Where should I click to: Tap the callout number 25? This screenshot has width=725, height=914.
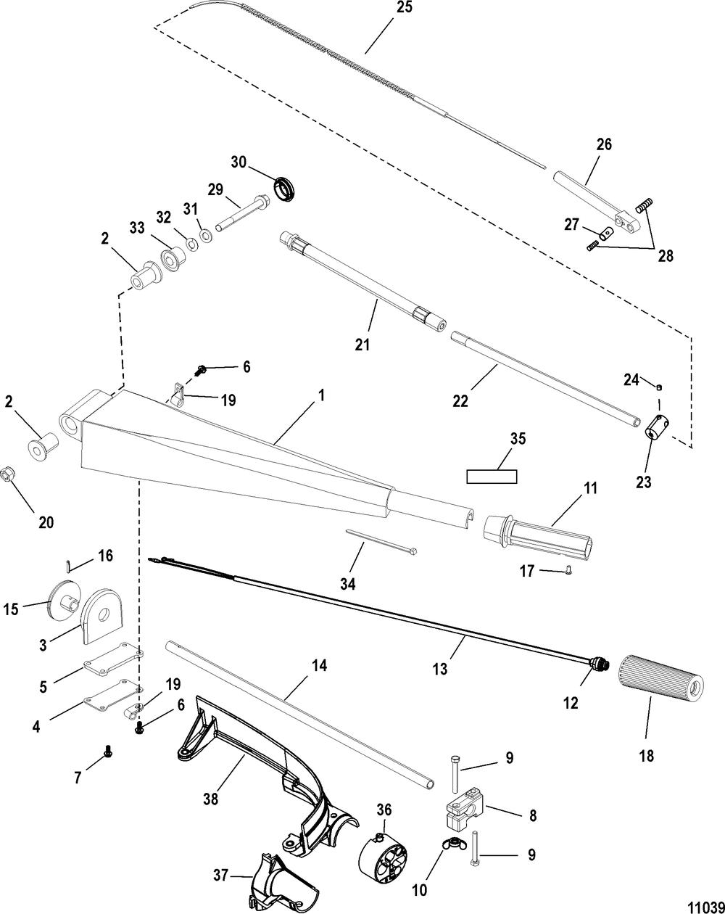pyautogui.click(x=403, y=9)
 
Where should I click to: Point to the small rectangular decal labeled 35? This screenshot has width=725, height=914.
pyautogui.click(x=492, y=477)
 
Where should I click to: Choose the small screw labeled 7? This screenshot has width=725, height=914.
pyautogui.click(x=108, y=752)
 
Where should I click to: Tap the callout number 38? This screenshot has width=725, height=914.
pyautogui.click(x=211, y=799)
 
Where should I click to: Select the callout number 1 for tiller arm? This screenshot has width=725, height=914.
pyautogui.click(x=322, y=396)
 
